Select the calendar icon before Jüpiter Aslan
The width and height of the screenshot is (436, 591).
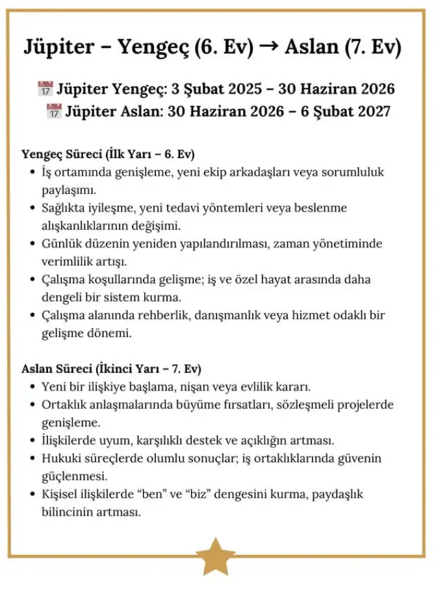(x=54, y=111)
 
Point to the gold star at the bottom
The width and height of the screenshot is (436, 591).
(x=216, y=556)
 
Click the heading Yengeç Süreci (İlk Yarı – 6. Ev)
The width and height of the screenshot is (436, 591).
(x=109, y=155)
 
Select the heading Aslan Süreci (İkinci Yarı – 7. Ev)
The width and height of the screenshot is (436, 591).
(x=111, y=368)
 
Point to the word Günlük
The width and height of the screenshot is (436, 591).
(x=60, y=244)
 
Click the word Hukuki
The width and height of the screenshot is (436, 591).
(x=59, y=458)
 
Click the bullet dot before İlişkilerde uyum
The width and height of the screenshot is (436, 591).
(x=32, y=441)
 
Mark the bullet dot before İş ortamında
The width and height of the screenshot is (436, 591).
(x=32, y=173)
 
